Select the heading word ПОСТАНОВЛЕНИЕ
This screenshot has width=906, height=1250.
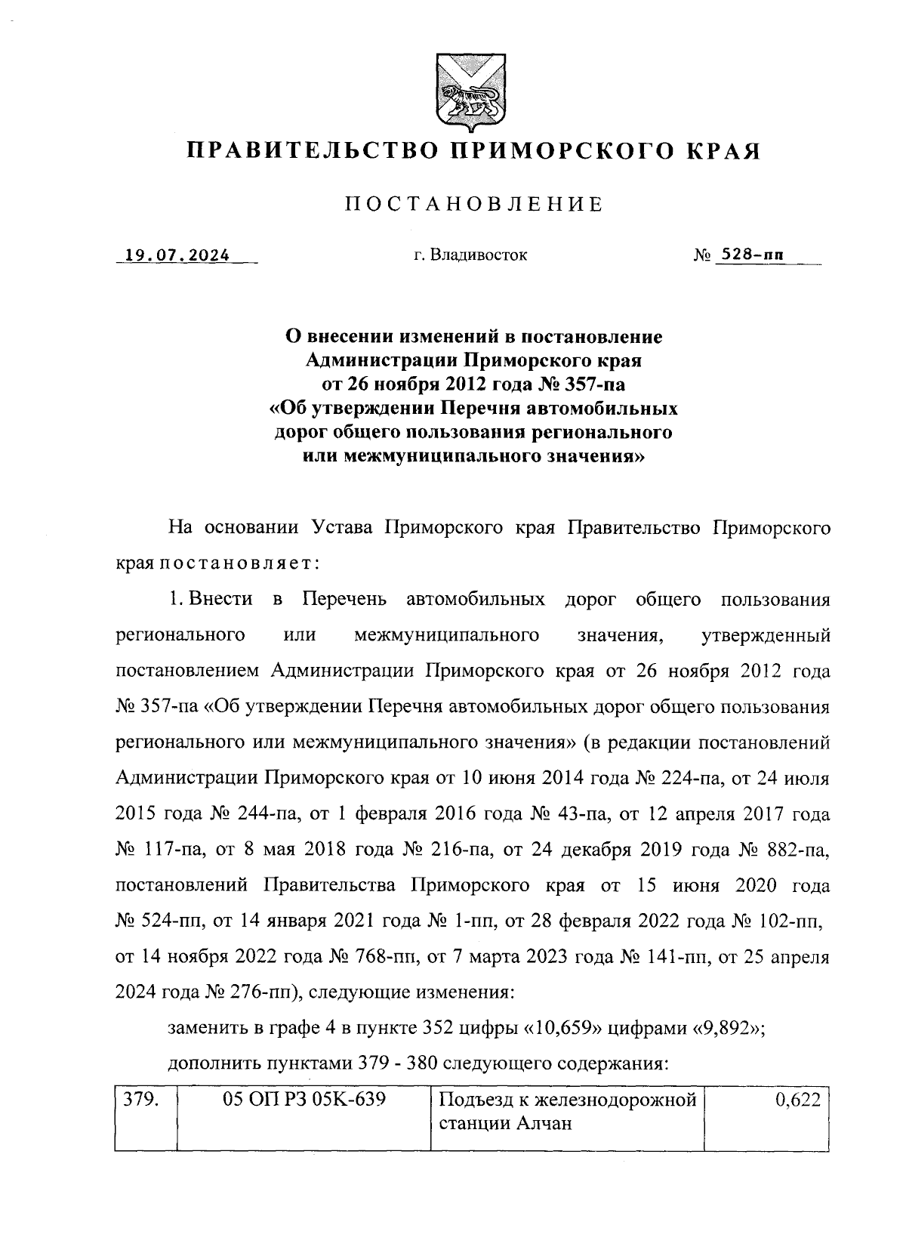pyautogui.click(x=473, y=204)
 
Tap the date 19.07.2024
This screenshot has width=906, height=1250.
pyautogui.click(x=178, y=255)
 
